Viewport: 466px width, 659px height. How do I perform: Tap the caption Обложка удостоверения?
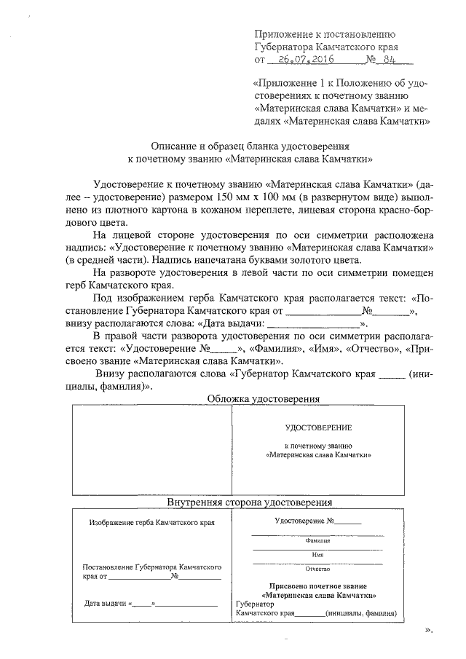(263, 399)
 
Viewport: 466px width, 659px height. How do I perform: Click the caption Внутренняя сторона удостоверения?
(250, 502)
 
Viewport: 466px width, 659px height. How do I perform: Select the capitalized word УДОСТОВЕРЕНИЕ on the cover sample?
(318, 427)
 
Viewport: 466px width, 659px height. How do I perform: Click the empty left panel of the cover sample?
(151, 451)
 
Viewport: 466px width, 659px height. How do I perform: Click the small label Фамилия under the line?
(318, 541)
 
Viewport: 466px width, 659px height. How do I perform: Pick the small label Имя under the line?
(318, 555)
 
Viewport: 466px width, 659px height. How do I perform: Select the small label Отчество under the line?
(318, 569)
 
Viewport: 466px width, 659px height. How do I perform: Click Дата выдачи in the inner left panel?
(106, 603)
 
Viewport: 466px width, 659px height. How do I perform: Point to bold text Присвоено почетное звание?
(318, 585)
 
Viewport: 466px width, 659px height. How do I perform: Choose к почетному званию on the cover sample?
(318, 444)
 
